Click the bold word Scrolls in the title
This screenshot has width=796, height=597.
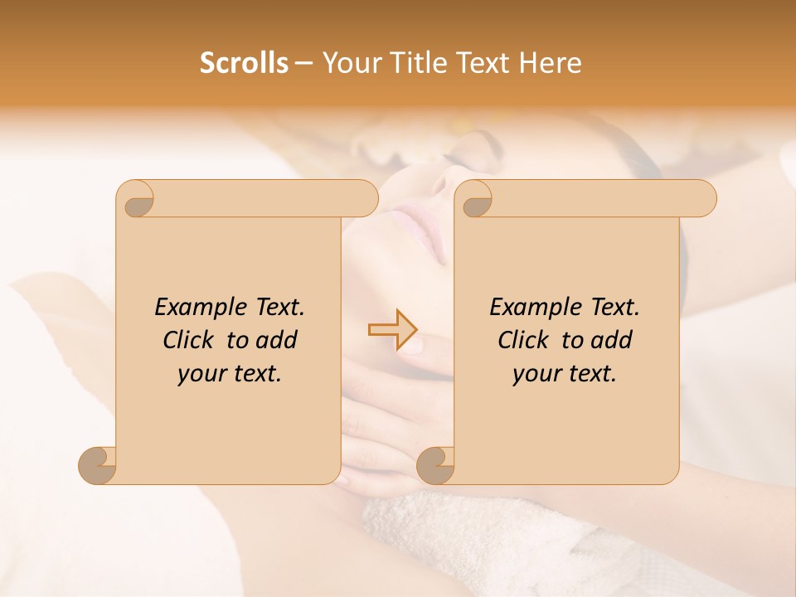245,63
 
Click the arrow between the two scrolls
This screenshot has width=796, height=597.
393,330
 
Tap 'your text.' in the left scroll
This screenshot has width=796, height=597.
230,373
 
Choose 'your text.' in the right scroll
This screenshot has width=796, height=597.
565,373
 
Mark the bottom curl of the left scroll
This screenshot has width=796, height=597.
98,464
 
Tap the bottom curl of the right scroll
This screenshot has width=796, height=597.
435,464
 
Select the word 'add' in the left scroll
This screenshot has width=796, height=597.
276,340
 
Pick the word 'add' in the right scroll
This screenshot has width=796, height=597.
611,340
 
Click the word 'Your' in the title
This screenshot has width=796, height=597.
348,63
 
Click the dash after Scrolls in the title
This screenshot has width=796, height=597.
304,64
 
